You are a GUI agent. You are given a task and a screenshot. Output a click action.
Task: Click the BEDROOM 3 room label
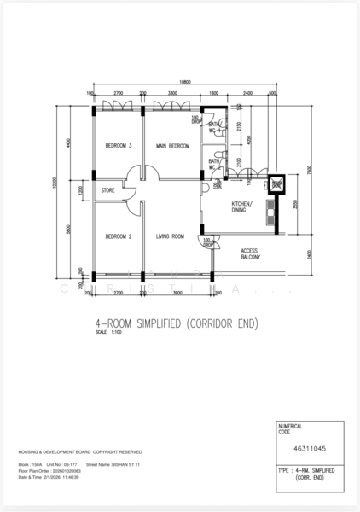tap(119, 146)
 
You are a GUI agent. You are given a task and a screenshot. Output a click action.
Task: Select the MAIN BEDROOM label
tap(172, 146)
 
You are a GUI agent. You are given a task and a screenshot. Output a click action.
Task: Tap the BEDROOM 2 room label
tap(119, 236)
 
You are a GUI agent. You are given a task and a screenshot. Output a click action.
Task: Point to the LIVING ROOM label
tap(171, 236)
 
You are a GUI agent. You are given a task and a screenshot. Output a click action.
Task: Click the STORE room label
tap(108, 190)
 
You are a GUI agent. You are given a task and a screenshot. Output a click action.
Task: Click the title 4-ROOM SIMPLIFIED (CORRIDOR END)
tap(176, 324)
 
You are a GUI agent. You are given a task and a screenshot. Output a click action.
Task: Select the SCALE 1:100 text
tap(110, 334)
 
